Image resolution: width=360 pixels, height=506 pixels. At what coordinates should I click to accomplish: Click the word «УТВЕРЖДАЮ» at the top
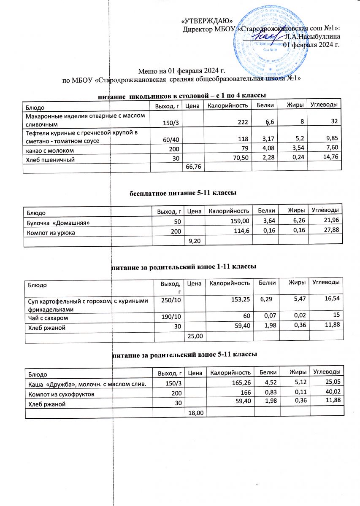(204, 21)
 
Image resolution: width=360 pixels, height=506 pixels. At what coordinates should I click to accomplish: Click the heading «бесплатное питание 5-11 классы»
(182, 193)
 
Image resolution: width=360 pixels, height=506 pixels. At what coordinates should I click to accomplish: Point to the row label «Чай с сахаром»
(48, 317)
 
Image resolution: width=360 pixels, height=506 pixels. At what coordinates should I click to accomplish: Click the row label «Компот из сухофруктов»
(61, 394)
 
